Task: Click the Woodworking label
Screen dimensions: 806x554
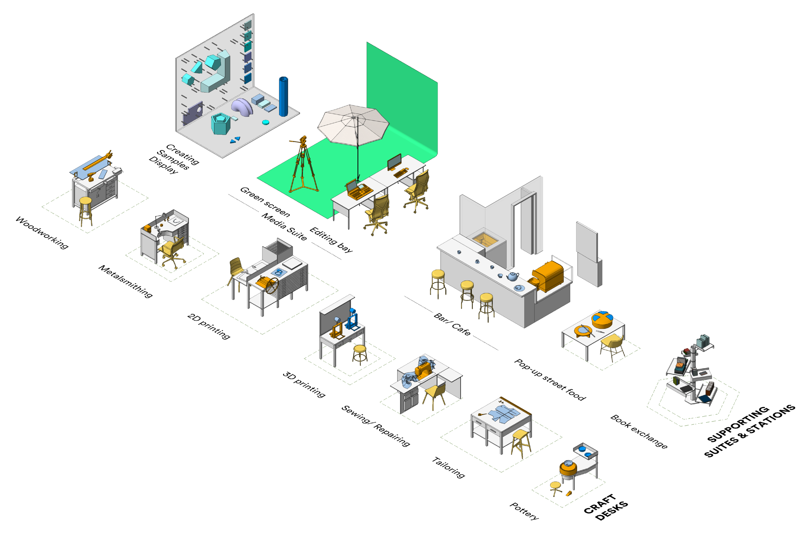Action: pos(42,233)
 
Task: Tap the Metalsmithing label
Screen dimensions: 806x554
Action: pos(125,281)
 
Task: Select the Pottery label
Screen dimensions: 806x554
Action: pos(524,511)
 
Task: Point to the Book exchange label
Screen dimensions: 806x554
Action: pos(638,431)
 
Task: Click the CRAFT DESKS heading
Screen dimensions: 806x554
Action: pos(605,507)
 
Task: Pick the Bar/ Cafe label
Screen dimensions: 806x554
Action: pos(452,324)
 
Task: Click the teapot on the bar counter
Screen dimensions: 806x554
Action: pos(513,277)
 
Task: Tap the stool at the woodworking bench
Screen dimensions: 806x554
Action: pos(85,210)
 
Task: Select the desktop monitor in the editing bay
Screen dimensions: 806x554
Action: pos(394,162)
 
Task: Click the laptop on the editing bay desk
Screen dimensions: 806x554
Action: pos(359,189)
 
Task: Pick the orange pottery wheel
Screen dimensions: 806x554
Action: pos(568,468)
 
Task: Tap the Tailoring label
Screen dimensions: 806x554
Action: pos(448,468)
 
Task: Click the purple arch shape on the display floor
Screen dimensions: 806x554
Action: pos(242,107)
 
